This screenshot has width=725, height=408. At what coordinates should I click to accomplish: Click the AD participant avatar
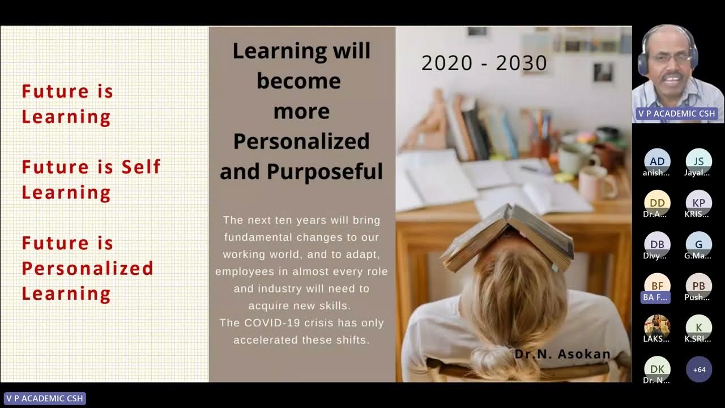pyautogui.click(x=657, y=161)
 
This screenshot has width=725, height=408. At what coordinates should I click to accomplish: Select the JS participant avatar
pyautogui.click(x=698, y=161)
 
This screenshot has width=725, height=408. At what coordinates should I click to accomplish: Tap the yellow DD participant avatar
pyautogui.click(x=657, y=202)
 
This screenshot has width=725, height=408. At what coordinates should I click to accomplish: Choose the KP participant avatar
pyautogui.click(x=698, y=202)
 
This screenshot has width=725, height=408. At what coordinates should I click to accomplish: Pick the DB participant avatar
pyautogui.click(x=657, y=244)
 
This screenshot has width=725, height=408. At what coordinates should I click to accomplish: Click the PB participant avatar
pyautogui.click(x=698, y=286)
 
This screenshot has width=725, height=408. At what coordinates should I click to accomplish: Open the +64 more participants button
pyautogui.click(x=698, y=369)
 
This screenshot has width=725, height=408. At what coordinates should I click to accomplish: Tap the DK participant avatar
pyautogui.click(x=657, y=369)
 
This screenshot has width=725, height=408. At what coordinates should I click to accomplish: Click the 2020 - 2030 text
pyautogui.click(x=484, y=63)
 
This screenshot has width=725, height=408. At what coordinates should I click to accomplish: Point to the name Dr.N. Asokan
pyautogui.click(x=562, y=354)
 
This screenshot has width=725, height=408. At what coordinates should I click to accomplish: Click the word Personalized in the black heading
pyautogui.click(x=301, y=141)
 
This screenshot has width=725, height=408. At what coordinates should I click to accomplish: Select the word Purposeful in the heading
pyautogui.click(x=325, y=171)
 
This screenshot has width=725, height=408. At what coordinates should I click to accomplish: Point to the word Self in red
pyautogui.click(x=141, y=167)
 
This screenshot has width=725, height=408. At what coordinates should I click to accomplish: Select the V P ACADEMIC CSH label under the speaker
pyautogui.click(x=676, y=113)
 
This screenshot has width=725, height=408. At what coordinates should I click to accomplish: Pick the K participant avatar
pyautogui.click(x=698, y=327)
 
